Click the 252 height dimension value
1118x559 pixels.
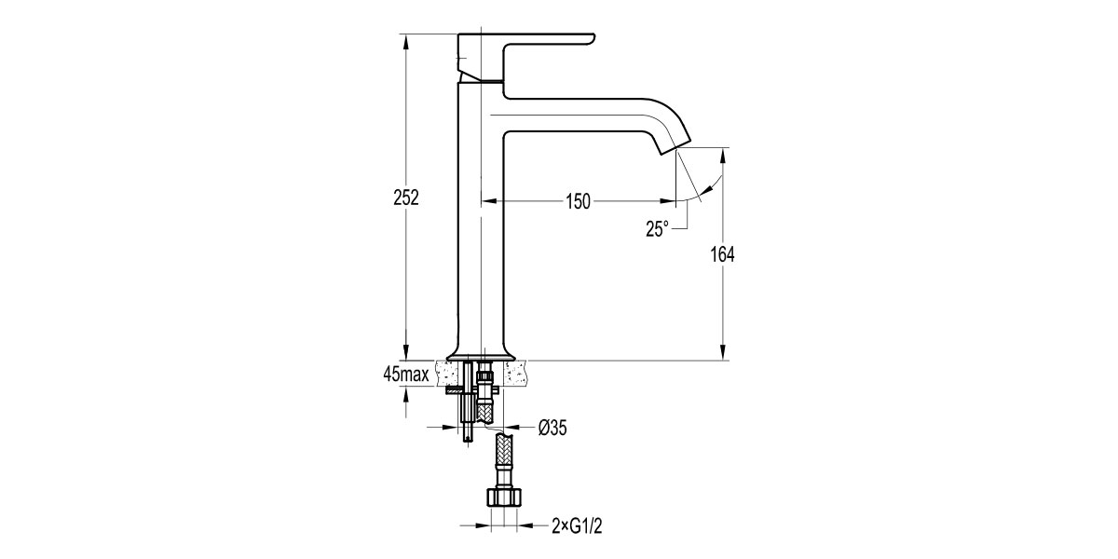point(406,198)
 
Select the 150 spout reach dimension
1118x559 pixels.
point(577,202)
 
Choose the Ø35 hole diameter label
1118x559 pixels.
point(552,428)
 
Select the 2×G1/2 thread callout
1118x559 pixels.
point(577,526)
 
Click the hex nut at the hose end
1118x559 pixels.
point(503,496)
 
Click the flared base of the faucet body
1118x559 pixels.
point(481,352)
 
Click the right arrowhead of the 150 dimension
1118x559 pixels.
point(671,201)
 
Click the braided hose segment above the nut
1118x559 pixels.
point(503,457)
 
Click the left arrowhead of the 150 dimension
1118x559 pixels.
point(487,201)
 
